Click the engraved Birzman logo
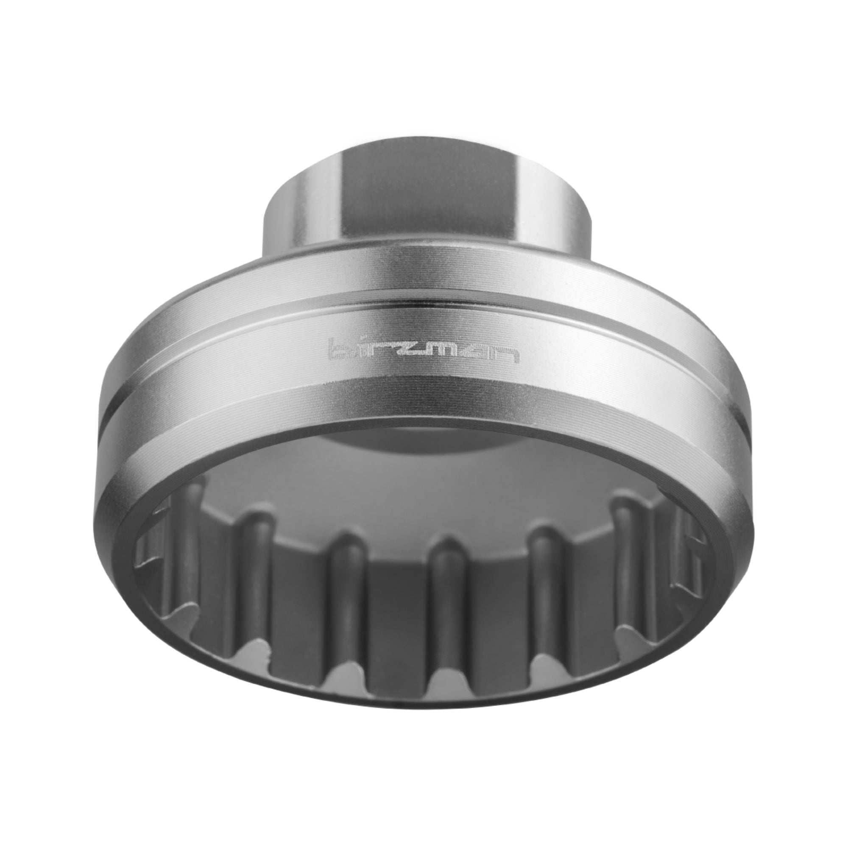coord(423,350)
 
